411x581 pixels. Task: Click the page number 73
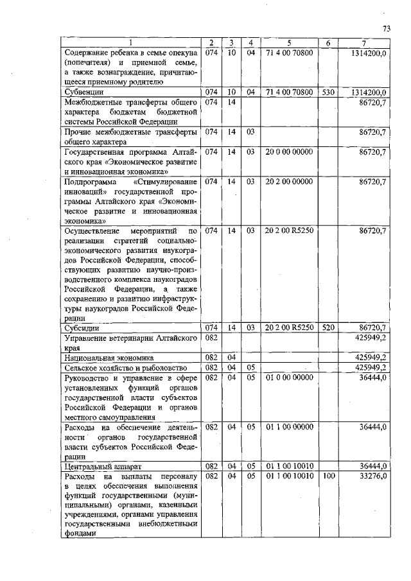point(387,28)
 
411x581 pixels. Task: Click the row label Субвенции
point(80,92)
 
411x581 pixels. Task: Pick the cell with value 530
point(328,92)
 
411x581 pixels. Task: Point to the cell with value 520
point(328,327)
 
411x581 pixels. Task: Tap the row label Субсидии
point(79,327)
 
